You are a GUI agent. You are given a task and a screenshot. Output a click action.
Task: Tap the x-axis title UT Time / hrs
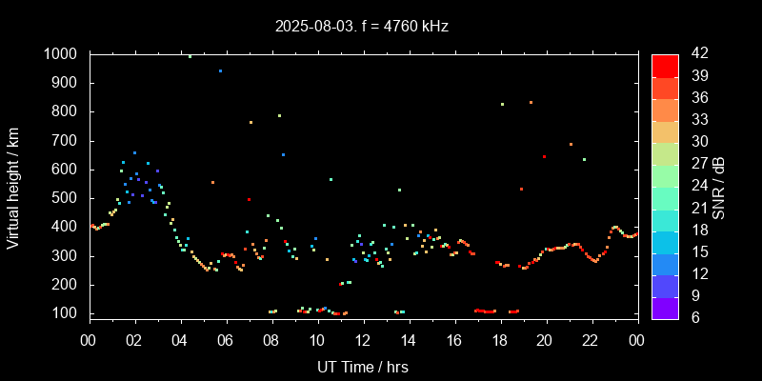[x=363, y=366]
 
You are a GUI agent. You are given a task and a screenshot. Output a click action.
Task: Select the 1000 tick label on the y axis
[x=63, y=54]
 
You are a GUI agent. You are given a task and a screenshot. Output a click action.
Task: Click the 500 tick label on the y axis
[x=67, y=198]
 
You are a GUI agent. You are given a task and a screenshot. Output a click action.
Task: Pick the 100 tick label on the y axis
[x=67, y=313]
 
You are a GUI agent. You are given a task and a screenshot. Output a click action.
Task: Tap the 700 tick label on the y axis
[x=67, y=141]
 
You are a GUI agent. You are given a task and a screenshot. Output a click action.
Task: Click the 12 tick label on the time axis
[x=363, y=340]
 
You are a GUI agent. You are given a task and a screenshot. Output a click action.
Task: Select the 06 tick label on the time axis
[x=226, y=340]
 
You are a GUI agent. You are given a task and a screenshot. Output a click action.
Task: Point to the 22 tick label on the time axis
[x=591, y=340]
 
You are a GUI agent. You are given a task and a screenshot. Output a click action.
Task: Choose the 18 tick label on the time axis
[x=499, y=340]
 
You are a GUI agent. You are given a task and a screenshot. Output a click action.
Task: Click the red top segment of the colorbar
[x=665, y=65]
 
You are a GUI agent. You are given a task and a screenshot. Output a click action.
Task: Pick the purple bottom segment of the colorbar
[x=665, y=308]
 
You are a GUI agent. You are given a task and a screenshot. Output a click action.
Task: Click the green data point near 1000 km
[x=190, y=56]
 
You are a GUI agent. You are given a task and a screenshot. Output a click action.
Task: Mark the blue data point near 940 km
[x=220, y=70]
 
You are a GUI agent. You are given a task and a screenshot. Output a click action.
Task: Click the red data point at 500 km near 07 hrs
[x=249, y=199]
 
